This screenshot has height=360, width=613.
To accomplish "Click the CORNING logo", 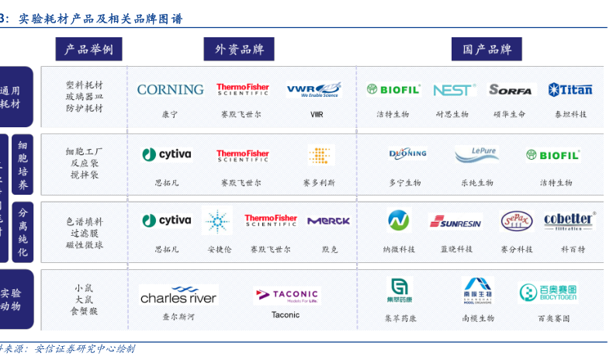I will (x=170, y=89).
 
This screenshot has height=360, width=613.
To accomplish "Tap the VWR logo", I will (x=313, y=90).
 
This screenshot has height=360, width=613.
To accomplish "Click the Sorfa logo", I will (x=511, y=90).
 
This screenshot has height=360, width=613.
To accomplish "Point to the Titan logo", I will (x=570, y=89).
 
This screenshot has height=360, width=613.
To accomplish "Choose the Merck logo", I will (x=328, y=221).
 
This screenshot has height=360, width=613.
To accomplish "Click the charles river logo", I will (x=178, y=296).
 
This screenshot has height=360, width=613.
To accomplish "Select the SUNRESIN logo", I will (x=455, y=223).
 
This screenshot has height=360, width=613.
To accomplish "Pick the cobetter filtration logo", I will (x=569, y=222).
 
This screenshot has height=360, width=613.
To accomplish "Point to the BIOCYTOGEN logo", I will (x=549, y=292).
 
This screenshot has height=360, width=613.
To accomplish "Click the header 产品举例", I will (x=89, y=49).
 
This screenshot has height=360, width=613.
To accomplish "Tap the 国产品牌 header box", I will (x=487, y=49).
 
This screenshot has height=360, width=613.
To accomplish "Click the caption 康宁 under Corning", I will (x=170, y=114).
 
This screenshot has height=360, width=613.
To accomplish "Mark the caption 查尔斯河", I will (x=178, y=317).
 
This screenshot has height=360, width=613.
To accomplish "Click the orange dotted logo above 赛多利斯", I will (x=320, y=154).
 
